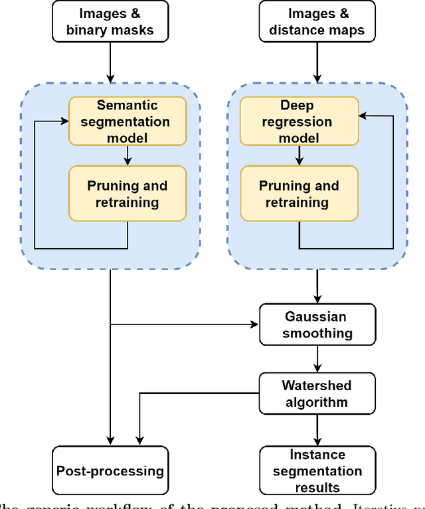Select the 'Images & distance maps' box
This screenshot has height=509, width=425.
coord(317,22)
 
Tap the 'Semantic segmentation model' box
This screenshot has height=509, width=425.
coord(127,121)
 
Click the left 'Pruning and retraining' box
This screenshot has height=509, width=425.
coord(127,193)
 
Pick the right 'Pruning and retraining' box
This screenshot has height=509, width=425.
coord(299,193)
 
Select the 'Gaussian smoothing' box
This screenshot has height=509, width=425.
coord(317,325)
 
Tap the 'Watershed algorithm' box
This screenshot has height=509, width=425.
coord(317,394)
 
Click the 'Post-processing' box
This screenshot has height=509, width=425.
coord(110,471)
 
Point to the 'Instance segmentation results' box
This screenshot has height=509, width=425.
coord(317,471)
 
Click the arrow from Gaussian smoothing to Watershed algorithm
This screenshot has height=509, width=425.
coord(317,359)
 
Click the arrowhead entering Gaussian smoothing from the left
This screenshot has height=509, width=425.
coord(254,325)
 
